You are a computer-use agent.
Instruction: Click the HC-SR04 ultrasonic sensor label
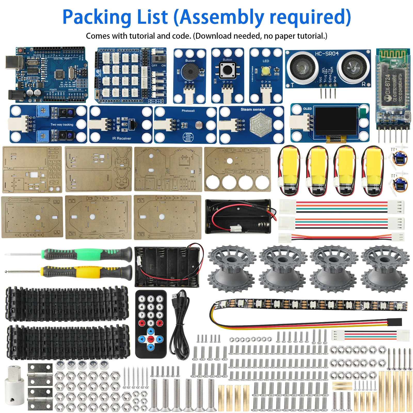click(x=327, y=54)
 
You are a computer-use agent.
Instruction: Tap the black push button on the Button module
click(x=227, y=70)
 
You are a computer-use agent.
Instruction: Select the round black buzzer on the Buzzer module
click(x=190, y=72)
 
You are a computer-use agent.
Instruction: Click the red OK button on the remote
click(x=151, y=339)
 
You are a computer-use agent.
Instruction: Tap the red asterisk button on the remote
click(x=142, y=323)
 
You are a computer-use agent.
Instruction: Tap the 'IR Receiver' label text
click(x=122, y=138)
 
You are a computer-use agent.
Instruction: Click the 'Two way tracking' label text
click(x=62, y=124)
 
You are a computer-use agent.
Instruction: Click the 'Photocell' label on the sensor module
click(x=188, y=111)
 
